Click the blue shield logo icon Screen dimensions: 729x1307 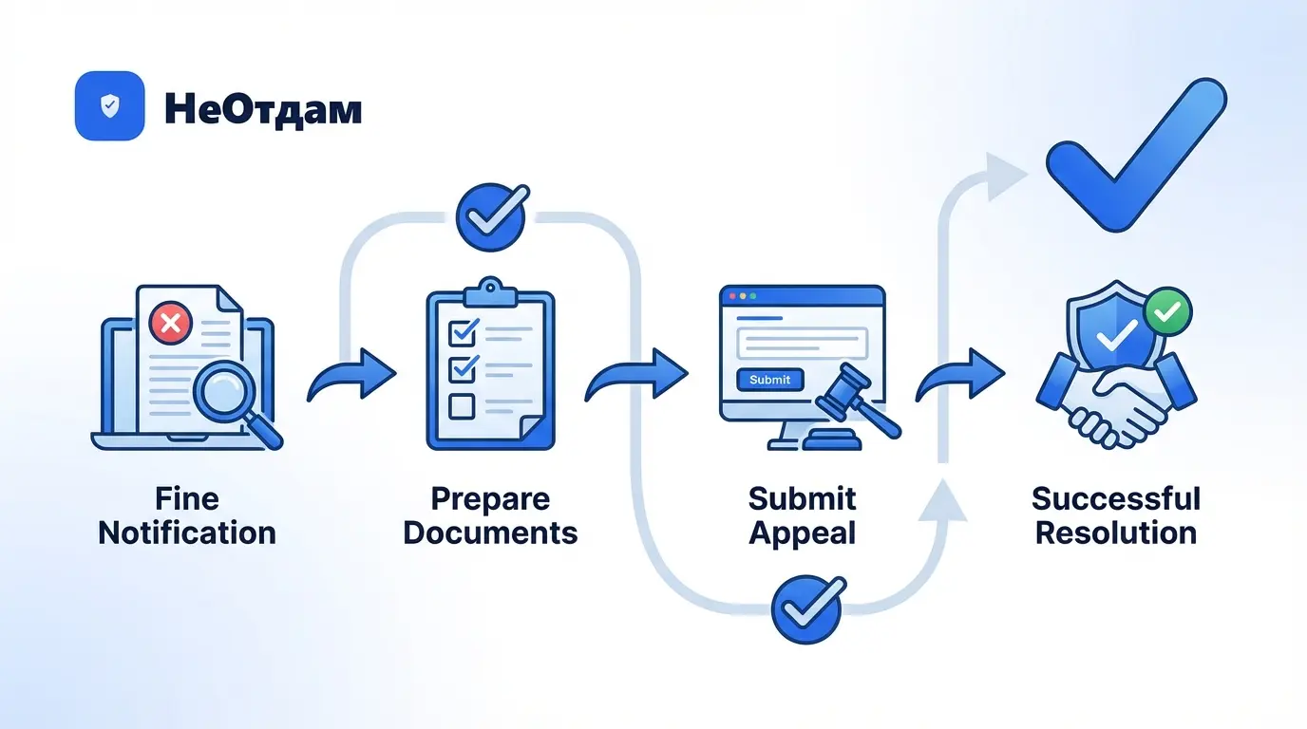tap(109, 106)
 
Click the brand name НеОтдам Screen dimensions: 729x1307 tap(263, 108)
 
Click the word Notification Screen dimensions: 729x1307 tap(187, 533)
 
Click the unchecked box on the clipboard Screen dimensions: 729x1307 tap(462, 406)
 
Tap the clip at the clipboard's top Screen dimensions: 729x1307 tap(490, 288)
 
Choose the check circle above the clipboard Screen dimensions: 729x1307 tap(490, 216)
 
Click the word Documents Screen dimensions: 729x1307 tap(490, 533)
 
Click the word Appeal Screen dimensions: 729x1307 tap(803, 533)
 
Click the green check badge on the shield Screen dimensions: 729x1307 tap(1167, 311)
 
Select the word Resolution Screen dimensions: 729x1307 tap(1116, 533)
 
